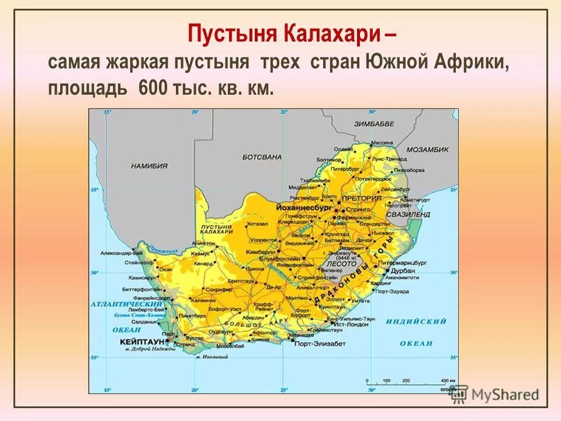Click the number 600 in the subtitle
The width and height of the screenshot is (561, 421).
click(x=152, y=88)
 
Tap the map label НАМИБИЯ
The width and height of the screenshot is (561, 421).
click(x=149, y=166)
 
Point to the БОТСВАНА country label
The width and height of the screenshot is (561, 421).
click(x=262, y=157)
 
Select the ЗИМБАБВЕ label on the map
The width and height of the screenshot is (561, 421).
click(x=374, y=124)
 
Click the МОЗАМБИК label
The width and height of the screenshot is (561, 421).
click(x=427, y=150)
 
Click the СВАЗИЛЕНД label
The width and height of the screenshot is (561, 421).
click(x=411, y=215)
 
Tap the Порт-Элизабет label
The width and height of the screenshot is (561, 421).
click(x=320, y=343)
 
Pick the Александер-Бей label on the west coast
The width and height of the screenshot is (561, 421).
click(x=121, y=253)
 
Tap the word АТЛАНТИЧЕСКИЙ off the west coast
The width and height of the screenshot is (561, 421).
click(x=126, y=305)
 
